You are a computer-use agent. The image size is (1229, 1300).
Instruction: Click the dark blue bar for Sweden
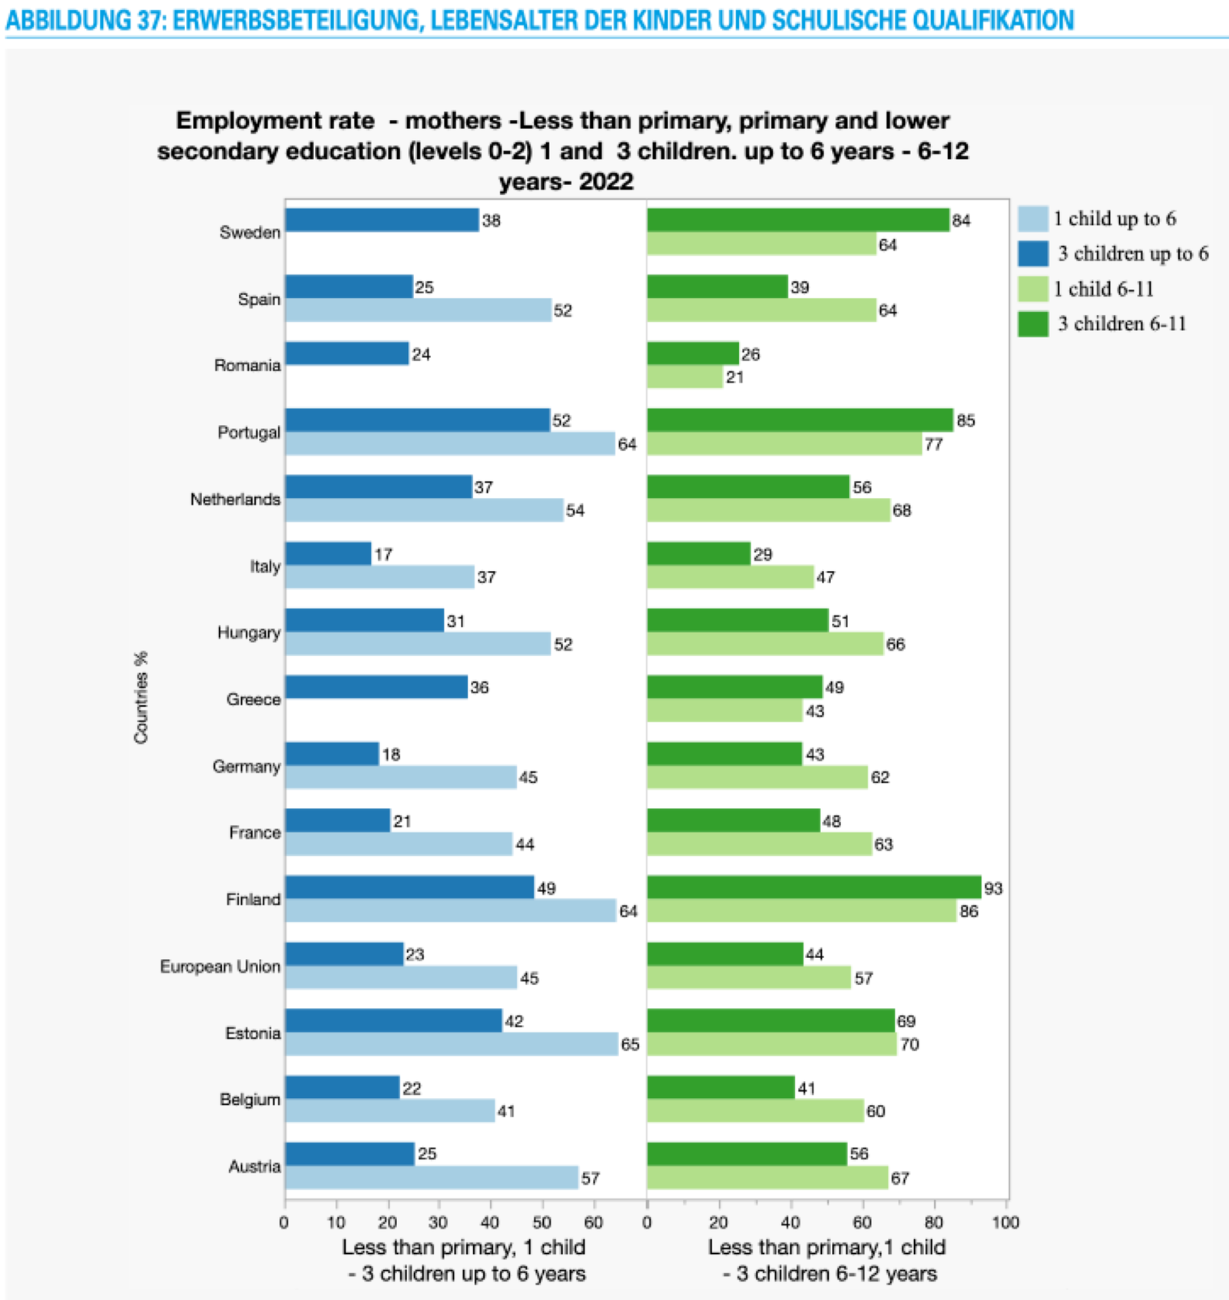(382, 221)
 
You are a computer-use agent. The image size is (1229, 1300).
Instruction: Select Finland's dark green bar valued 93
(813, 887)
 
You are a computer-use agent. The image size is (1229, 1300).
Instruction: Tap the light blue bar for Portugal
(450, 444)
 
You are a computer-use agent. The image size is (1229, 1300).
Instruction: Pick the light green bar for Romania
(684, 377)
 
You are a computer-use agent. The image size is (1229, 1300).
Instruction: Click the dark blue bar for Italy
(328, 554)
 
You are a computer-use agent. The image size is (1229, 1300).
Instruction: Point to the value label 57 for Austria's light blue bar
(590, 1178)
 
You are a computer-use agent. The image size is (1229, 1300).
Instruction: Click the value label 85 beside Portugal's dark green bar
(966, 421)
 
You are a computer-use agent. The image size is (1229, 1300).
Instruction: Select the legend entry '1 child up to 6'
(1114, 219)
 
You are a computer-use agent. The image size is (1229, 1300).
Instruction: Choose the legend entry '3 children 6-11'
(1121, 323)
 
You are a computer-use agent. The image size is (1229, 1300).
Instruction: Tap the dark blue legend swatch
(1033, 254)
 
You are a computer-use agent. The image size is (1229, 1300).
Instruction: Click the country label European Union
(220, 967)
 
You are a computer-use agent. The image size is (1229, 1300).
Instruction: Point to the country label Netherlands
(235, 499)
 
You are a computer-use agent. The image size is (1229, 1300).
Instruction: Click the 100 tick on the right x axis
(1005, 1222)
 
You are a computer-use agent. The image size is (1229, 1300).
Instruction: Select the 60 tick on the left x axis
(593, 1222)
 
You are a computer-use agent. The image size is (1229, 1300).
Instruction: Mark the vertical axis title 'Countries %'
(141, 698)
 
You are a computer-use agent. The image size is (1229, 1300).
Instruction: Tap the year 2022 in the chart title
(606, 182)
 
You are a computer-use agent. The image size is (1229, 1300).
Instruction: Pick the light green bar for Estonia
(771, 1044)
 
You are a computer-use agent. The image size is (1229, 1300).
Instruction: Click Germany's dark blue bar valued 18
(332, 754)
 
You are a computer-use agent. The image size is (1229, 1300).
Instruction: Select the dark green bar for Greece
(734, 687)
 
